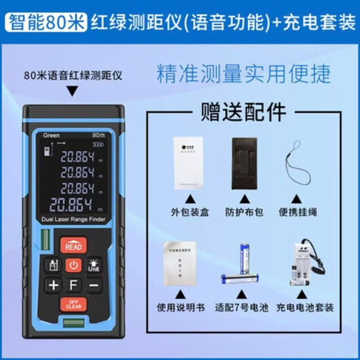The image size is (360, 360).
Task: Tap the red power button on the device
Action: tap(73, 264)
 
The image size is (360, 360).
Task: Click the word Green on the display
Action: tap(52, 135)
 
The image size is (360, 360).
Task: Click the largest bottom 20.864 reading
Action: tap(72, 205)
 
